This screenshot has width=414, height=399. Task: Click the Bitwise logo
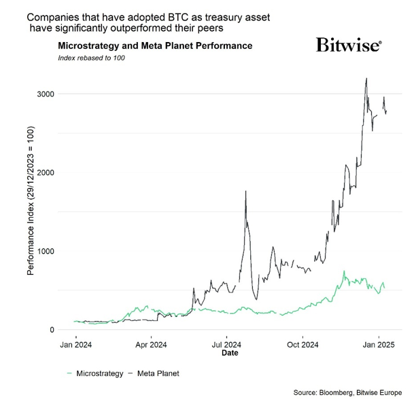pos(349,45)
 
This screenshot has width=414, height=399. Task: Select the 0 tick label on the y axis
pos(52,330)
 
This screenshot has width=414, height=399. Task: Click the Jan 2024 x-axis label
pos(75,344)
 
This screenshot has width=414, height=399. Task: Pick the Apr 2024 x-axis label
pos(151,344)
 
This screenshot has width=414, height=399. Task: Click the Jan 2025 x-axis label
pos(379,344)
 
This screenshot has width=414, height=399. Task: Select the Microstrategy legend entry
pos(94,373)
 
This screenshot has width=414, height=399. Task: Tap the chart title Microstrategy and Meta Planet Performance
pos(156,45)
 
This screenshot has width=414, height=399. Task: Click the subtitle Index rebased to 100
pos(92,58)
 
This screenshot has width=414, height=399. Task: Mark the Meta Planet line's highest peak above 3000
pos(366,78)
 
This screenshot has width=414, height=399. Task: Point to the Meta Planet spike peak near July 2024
pos(245,192)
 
